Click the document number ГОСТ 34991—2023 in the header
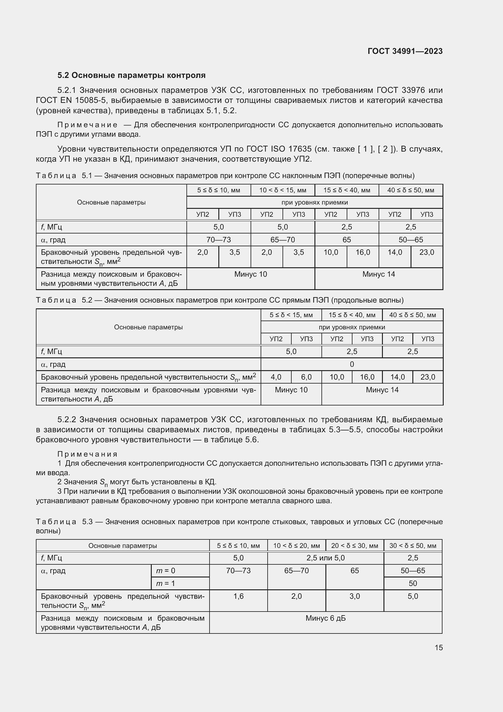tap(405, 51)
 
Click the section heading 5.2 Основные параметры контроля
tap(131, 75)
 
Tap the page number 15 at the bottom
tap(439, 647)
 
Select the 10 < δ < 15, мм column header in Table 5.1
tap(283, 190)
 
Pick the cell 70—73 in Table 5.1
tap(218, 240)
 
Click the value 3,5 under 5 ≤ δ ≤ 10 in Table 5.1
tap(234, 252)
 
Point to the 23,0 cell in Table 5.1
tap(426, 252)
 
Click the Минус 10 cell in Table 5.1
tap(250, 274)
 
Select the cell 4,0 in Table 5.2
tap(276, 377)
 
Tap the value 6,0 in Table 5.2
tap(306, 377)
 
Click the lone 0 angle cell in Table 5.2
tap(352, 364)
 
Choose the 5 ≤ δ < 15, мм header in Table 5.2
tap(291, 315)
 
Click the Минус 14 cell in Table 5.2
tap(382, 390)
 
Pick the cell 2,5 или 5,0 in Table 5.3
tap(325, 558)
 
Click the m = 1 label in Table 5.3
tap(165, 583)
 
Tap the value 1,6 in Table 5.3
tap(238, 596)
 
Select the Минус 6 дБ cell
tap(325, 618)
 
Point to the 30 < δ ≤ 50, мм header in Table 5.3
tap(413, 546)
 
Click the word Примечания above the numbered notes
tap(87, 454)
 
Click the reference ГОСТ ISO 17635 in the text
tap(279, 149)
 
